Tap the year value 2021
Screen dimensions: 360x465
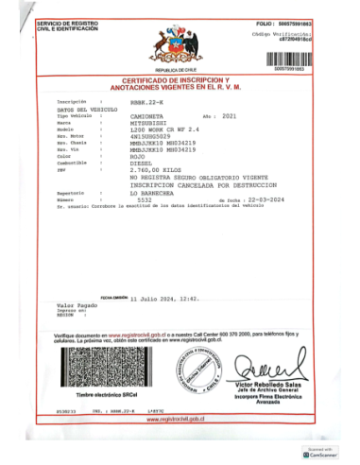coord(230,115)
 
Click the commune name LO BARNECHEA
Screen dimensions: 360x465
coord(156,192)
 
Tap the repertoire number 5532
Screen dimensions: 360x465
coord(144,199)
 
